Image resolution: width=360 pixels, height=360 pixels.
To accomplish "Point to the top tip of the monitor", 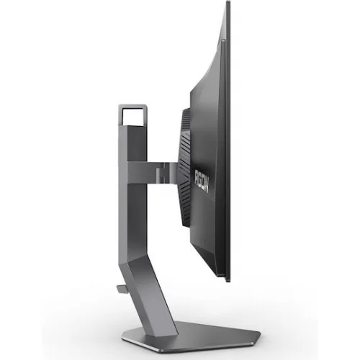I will [230, 4].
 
